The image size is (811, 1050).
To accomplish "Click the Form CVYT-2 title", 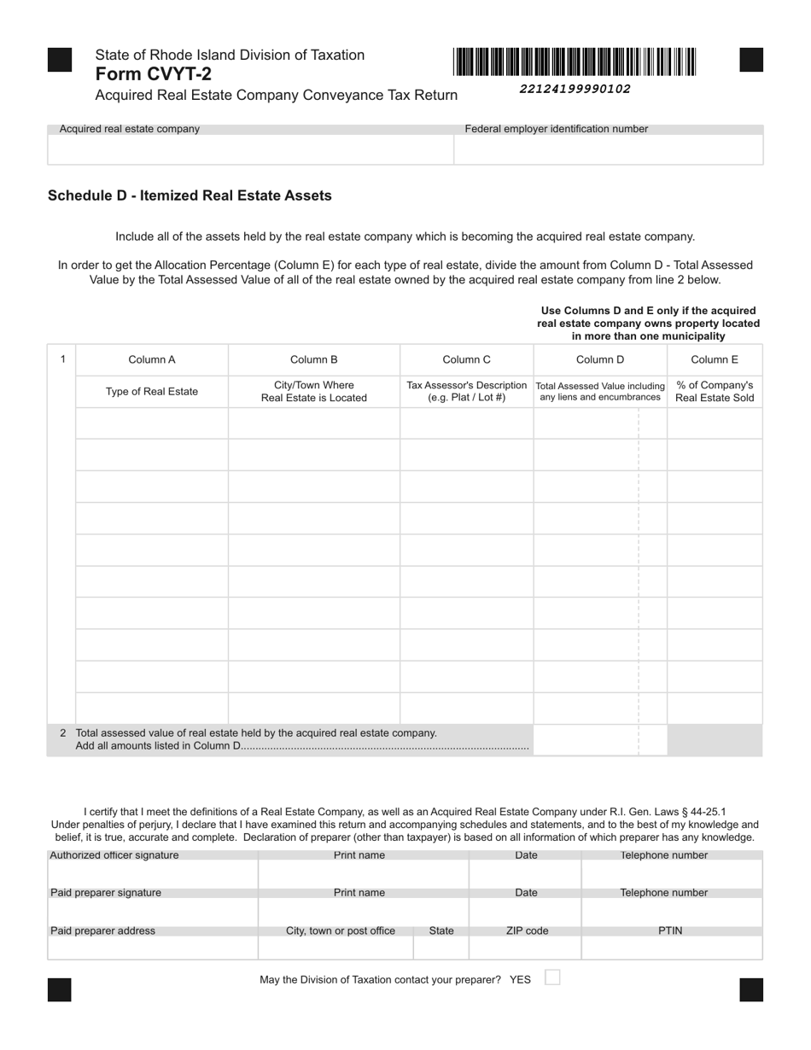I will [x=154, y=74].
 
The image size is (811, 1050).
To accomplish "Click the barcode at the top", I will [x=575, y=62].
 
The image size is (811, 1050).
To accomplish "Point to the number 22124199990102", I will [x=575, y=89].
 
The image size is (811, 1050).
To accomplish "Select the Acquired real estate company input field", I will [x=250, y=149].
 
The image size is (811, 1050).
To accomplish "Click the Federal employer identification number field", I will [x=608, y=149].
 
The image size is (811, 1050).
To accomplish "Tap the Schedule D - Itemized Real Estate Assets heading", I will [x=190, y=195].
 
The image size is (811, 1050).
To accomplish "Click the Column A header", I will [x=152, y=359].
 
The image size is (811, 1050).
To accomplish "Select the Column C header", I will [x=466, y=359].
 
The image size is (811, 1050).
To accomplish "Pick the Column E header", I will [x=715, y=359].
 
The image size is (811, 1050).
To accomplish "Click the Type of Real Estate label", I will [x=152, y=392].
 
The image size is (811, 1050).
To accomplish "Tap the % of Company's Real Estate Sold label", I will [x=715, y=391].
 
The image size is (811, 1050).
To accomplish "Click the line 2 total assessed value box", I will [x=586, y=740].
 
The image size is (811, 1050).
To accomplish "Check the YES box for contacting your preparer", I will [x=552, y=977].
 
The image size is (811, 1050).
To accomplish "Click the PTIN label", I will [x=670, y=930].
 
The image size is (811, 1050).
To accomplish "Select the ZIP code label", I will [x=527, y=930].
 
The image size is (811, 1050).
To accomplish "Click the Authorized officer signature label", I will [x=114, y=855].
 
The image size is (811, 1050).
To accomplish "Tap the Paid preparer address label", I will [x=103, y=930].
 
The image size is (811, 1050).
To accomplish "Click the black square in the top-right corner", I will [x=751, y=60].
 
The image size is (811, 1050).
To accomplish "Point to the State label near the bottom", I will [x=441, y=930].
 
